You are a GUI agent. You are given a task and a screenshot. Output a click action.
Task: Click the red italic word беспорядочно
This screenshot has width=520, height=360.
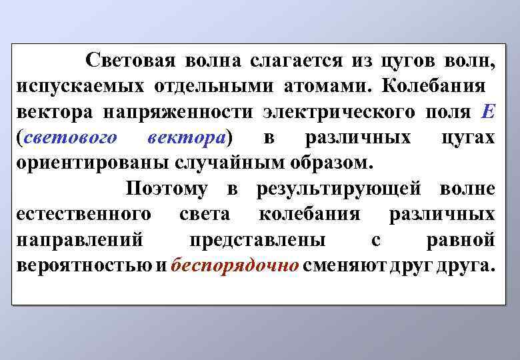pos(235,265)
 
